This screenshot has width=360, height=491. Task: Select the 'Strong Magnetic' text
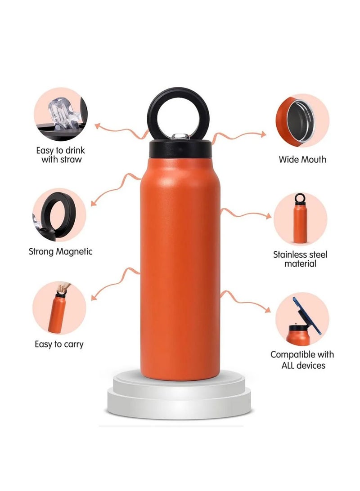(x=60, y=251)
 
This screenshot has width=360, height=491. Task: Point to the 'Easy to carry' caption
(x=59, y=344)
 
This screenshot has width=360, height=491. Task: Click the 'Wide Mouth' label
(x=302, y=159)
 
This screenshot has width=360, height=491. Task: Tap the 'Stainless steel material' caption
(x=300, y=259)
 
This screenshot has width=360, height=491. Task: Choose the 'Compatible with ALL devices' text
(x=302, y=360)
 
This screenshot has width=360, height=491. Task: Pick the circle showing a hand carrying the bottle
(x=59, y=308)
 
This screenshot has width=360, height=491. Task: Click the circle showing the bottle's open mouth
(x=302, y=120)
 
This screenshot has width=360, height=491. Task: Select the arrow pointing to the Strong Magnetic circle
(x=115, y=187)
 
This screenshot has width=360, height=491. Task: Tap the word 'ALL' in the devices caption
(x=279, y=365)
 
